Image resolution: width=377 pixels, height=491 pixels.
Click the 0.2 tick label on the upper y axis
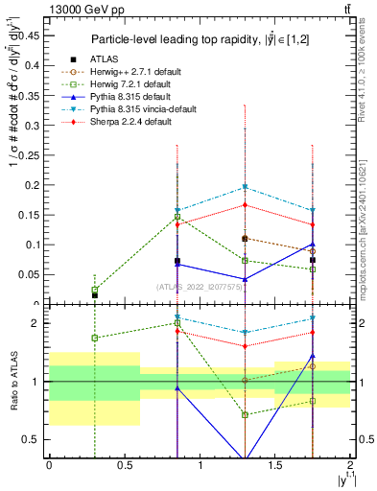(x=35, y=184)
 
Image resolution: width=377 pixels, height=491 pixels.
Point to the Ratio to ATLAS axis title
(x=12, y=382)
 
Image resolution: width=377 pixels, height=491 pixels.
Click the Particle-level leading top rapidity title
(x=200, y=39)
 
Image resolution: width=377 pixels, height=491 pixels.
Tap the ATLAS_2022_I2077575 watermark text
(x=199, y=286)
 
